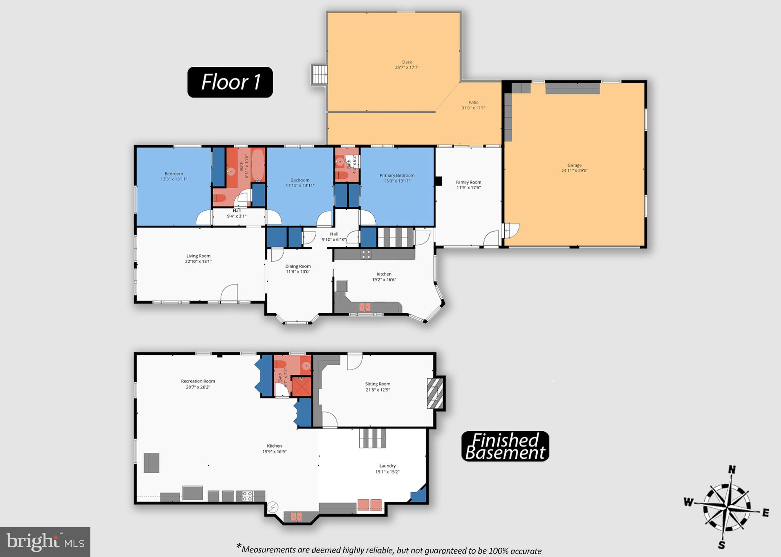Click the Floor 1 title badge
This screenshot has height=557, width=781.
point(230,82)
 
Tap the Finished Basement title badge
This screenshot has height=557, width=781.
point(505,446)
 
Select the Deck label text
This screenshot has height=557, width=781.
point(407,62)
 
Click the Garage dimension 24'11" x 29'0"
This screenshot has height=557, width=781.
point(574,171)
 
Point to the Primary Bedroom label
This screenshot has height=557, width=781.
point(397,175)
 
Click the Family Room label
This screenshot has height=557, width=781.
point(468,182)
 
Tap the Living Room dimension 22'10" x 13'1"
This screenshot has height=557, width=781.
point(198,261)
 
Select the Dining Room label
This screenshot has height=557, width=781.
point(298,266)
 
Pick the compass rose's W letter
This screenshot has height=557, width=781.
point(688,502)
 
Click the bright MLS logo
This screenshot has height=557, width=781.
point(45,542)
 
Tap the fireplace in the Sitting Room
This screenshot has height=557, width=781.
point(435,394)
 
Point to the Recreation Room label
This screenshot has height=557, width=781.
point(198,381)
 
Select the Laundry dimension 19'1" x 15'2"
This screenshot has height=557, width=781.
point(387,472)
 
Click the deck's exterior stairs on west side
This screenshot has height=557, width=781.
point(320,74)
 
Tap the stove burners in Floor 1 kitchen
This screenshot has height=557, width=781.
point(366,254)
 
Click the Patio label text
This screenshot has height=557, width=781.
point(473,102)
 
